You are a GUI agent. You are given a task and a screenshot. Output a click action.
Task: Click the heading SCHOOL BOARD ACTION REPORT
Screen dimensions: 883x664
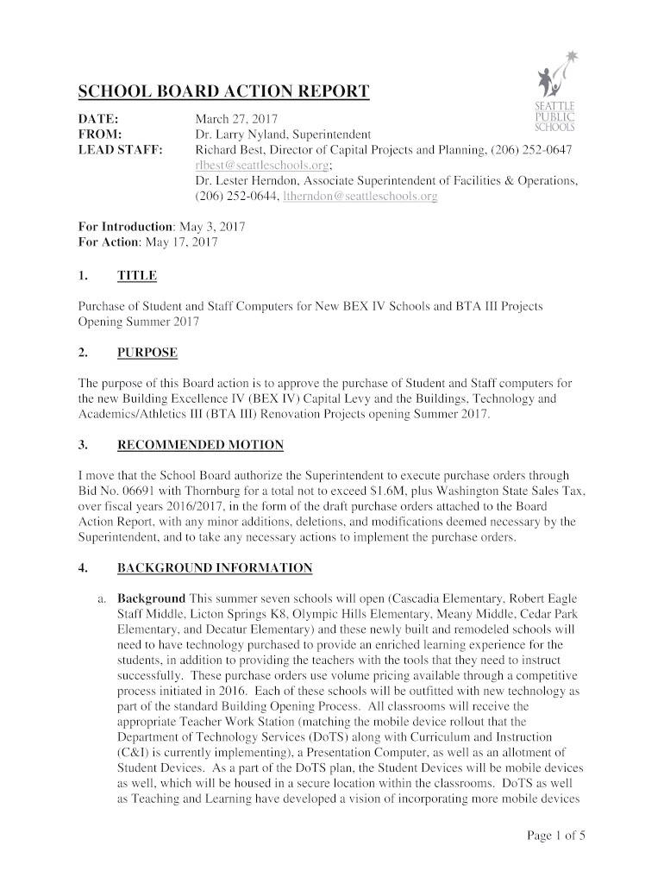click(x=224, y=92)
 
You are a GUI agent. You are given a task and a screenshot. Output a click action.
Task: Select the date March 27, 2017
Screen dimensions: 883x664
click(x=235, y=119)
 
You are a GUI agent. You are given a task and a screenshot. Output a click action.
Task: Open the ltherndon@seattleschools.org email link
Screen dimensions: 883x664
click(x=366, y=197)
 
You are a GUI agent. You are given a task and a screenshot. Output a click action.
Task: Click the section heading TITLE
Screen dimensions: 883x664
click(x=137, y=276)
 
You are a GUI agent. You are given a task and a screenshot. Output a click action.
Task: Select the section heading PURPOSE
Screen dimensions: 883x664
click(x=147, y=353)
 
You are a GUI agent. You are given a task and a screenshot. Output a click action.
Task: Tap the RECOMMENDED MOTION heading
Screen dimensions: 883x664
click(x=200, y=445)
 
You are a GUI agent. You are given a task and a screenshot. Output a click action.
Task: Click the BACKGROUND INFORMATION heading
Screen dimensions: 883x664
click(x=215, y=568)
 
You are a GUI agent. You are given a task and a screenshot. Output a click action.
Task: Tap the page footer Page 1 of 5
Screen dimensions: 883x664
click(x=557, y=836)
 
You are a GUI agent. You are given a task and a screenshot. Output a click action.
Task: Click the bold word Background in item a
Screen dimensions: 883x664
click(x=151, y=598)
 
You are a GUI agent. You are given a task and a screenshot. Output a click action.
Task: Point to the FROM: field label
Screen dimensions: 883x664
click(x=100, y=135)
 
